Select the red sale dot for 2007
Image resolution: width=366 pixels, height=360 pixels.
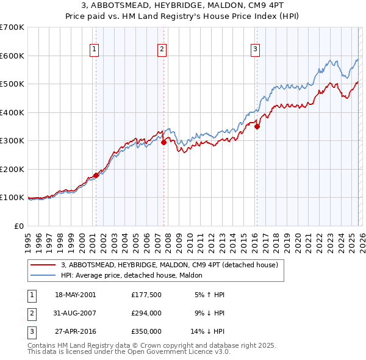[163, 143]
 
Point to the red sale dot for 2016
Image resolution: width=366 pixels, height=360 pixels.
[257, 127]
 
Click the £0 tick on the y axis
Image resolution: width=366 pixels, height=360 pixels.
[18, 226]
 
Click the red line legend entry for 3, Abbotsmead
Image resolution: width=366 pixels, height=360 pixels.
[170, 265]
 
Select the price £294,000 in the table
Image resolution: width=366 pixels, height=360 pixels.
[146, 313]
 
